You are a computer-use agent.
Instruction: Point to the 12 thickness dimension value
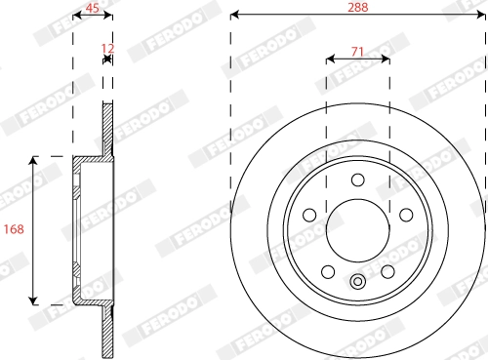click(107, 46)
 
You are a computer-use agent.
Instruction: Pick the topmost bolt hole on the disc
click(357, 179)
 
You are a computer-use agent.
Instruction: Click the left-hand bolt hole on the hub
click(309, 214)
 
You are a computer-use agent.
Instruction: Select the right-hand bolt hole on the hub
click(404, 214)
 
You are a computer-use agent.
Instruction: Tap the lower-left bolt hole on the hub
click(328, 270)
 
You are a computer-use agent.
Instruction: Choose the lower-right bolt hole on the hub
click(386, 270)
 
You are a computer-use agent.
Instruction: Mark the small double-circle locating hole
click(357, 284)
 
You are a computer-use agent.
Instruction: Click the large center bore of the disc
click(357, 229)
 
